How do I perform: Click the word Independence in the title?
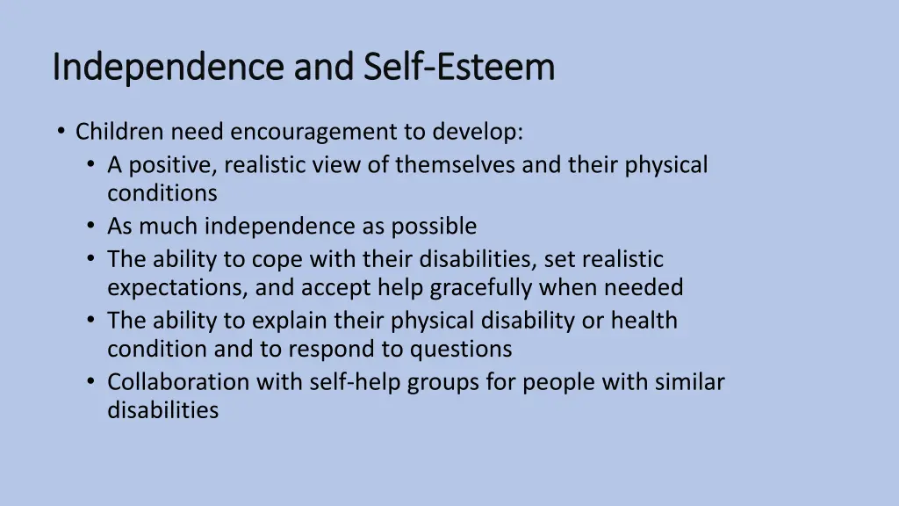169,68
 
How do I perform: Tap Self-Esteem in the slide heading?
457,68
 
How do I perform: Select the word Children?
119,132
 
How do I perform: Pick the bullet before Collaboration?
92,383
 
